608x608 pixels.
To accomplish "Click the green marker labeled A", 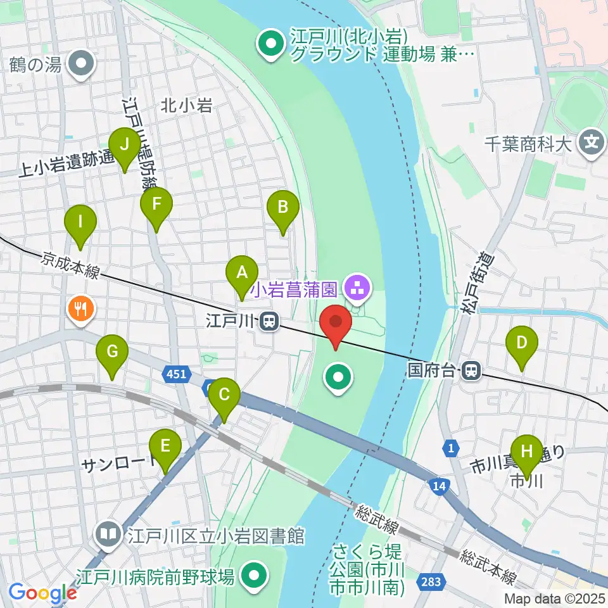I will coord(241,273).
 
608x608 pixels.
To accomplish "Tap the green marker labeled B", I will coord(282,207).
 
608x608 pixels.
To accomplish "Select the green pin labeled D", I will coord(522,344).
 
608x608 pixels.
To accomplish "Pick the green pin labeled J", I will coord(124,145).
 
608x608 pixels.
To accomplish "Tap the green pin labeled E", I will coord(165,446).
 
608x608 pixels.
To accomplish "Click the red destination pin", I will coord(336,323).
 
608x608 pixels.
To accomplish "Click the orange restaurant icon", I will coord(80,310).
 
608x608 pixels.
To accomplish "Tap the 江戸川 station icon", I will coord(270,322).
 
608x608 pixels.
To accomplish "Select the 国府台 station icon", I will coord(471,370).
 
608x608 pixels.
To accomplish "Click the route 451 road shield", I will coord(177,374).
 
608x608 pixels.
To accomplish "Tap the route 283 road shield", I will coord(433,581).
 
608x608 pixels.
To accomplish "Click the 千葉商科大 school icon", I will coord(592,143).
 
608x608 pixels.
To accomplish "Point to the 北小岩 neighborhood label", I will coord(186,105).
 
